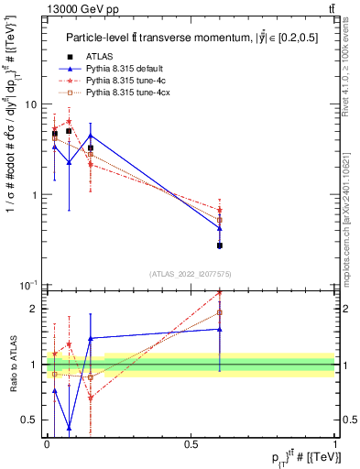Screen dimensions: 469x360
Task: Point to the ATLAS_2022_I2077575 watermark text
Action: tap(191, 273)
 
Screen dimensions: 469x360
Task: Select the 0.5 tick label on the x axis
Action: tap(191, 443)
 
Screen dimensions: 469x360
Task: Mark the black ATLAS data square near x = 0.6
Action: tap(220, 245)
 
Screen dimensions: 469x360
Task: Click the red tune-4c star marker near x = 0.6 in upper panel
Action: tap(220, 210)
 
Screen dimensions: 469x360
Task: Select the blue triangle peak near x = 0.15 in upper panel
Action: tap(90, 136)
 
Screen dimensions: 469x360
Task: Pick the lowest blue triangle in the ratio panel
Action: tap(70, 427)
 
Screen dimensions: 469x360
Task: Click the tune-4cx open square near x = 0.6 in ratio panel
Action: tap(220, 312)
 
